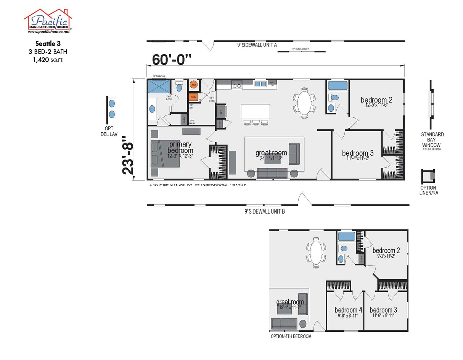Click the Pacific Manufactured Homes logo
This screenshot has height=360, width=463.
pos(48,21)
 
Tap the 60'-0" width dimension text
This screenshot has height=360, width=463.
pos(172,59)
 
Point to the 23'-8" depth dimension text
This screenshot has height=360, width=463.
pos(128,158)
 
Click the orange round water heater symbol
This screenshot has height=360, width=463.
pos(194,85)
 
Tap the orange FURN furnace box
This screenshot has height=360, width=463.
pos(193,97)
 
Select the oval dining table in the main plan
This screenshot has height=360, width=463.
pos(304,102)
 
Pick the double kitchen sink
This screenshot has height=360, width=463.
pos(260,84)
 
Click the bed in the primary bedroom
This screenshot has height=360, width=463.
pos(165,154)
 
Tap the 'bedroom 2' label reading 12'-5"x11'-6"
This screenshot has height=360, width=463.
pos(376,102)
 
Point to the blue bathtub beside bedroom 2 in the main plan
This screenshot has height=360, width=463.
pos(338,85)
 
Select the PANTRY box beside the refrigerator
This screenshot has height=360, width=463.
pos(220,124)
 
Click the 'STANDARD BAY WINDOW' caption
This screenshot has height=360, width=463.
pos(432,140)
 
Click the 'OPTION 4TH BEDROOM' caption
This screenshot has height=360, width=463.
pos(291,336)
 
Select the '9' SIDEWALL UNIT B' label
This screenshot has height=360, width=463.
pos(265,211)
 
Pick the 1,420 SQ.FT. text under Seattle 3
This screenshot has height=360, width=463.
pos(48,59)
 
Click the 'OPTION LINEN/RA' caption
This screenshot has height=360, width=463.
pos(428,190)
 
